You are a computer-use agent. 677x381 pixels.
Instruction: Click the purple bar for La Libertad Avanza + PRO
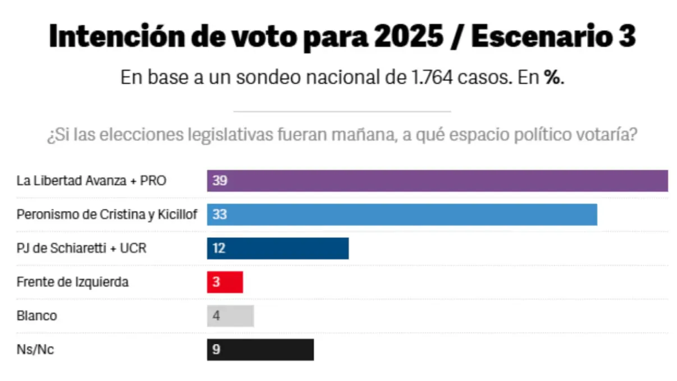tap(437, 181)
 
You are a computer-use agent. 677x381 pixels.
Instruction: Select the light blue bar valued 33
tap(401, 214)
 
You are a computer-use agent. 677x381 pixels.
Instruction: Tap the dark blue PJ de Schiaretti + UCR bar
tap(278, 248)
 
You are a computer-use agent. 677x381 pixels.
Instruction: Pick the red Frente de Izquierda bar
tap(225, 282)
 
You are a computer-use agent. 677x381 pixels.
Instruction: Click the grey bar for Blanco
tap(231, 315)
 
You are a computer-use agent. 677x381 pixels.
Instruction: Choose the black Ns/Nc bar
tap(260, 349)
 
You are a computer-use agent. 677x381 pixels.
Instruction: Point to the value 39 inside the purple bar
tap(219, 181)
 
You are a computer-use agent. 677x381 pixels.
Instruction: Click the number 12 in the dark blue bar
tap(219, 248)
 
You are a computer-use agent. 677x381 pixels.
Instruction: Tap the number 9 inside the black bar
tap(216, 350)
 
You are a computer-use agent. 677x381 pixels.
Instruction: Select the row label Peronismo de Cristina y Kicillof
tap(107, 214)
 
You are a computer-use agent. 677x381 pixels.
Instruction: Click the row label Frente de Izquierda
tap(72, 282)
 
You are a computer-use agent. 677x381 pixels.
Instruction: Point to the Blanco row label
tap(36, 315)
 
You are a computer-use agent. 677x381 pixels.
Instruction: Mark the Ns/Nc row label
tap(35, 349)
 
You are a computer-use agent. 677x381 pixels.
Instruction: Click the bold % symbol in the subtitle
tap(554, 77)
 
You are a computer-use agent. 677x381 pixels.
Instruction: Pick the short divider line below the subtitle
tap(342, 112)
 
